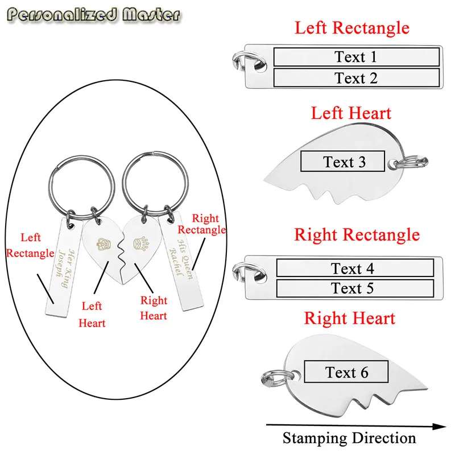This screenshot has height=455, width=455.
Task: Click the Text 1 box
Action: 357,57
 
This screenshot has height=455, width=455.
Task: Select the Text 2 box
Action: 357,78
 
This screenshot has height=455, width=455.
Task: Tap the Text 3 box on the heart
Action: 343,161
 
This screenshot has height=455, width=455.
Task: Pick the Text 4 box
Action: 355,267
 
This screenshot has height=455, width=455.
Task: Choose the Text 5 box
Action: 355,288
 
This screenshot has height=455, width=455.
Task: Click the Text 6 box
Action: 346,372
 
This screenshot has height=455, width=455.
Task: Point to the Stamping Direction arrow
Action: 356,426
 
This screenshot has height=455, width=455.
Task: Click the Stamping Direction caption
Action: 349,438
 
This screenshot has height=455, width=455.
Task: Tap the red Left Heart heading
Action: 351,113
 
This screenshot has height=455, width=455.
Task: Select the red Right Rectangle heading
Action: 357,234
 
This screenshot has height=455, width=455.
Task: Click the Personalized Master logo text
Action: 93,15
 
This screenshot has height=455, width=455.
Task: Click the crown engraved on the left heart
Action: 104,244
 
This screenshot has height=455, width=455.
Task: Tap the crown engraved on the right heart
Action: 141,243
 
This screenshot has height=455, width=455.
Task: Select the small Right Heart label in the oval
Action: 154,308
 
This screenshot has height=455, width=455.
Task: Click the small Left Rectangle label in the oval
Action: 30,245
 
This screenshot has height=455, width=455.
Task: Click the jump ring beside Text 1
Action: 249,60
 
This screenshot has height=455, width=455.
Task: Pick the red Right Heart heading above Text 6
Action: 350,318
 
